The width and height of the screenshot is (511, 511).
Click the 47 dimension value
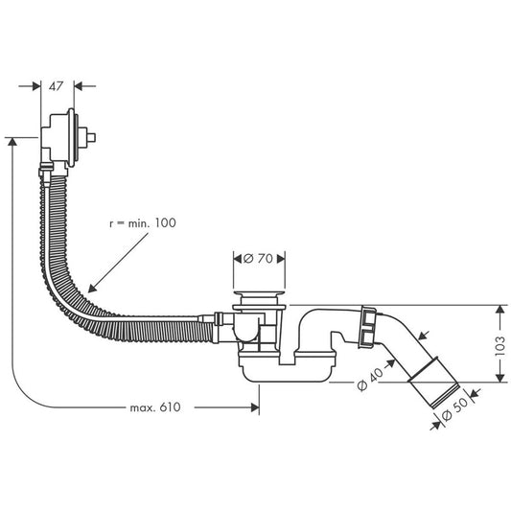[58, 85]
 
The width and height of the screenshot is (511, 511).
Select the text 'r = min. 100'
[143, 222]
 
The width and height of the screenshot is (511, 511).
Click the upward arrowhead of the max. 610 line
[12, 141]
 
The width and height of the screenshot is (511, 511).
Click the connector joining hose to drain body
[220, 321]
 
